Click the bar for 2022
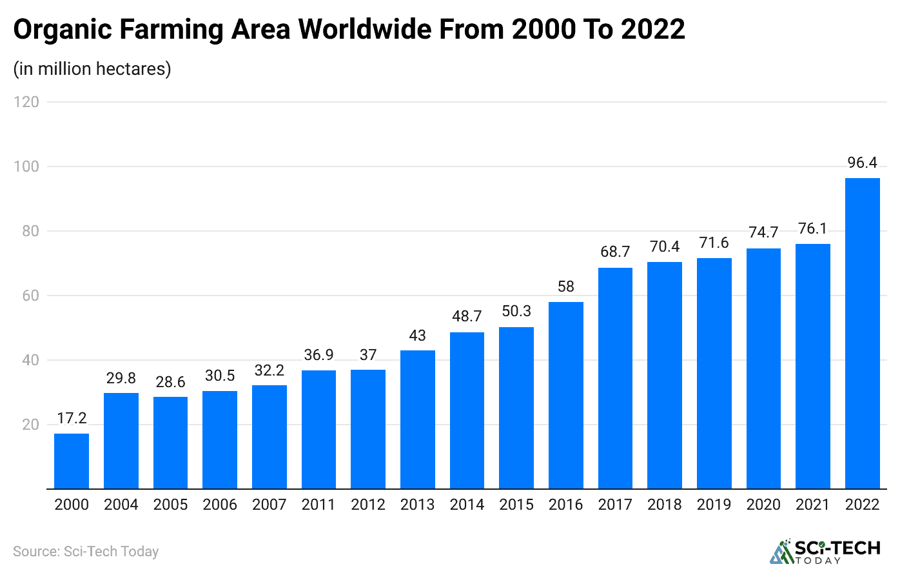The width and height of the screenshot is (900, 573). (x=862, y=333)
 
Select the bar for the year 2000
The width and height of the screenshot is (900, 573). (x=72, y=461)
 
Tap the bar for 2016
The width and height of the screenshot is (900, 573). (x=565, y=395)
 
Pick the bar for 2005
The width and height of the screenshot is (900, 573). (x=170, y=443)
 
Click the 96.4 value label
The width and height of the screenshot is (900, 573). (x=862, y=163)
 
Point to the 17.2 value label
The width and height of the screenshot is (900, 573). (x=72, y=418)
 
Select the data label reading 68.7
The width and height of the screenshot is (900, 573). (x=615, y=252)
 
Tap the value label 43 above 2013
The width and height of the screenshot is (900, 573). (x=417, y=336)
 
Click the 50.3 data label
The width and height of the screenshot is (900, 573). (x=516, y=311)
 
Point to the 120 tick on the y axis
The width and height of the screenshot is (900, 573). (x=26, y=102)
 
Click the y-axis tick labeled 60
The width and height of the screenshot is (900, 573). (x=30, y=296)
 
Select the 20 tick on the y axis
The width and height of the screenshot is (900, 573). (x=30, y=425)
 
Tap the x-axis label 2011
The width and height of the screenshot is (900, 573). (x=318, y=505)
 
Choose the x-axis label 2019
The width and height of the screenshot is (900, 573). (x=714, y=505)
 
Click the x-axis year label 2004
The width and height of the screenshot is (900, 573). (x=121, y=505)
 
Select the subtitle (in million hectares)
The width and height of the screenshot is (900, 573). (x=92, y=68)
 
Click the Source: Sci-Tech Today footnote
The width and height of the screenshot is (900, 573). (x=86, y=552)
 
